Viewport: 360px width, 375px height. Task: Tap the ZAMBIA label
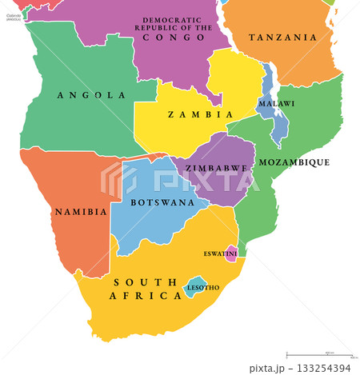[190, 114]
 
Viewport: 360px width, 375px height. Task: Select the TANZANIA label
[282, 38]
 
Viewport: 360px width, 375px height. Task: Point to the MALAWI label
[276, 104]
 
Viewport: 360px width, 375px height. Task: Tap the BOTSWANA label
[152, 202]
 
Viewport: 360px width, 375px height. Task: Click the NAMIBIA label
[80, 212]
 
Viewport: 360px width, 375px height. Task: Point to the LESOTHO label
[202, 286]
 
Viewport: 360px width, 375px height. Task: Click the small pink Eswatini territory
[231, 254]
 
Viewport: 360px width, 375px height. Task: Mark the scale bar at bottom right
[318, 354]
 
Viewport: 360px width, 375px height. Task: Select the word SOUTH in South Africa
[144, 281]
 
